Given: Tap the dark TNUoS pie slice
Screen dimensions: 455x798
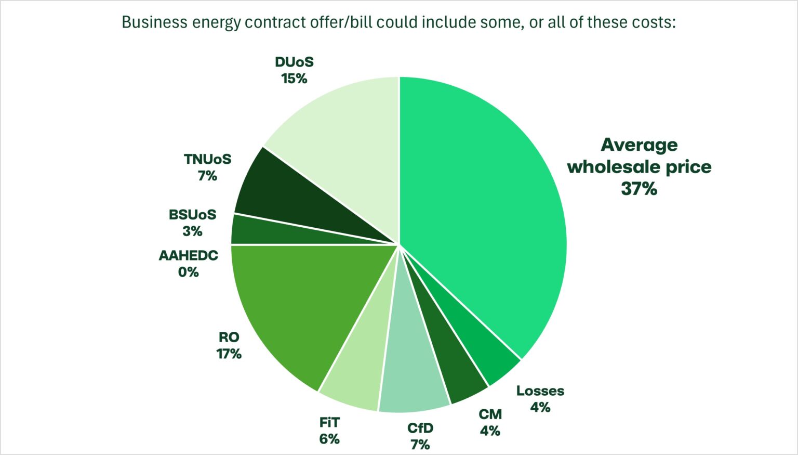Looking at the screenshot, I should [291, 198].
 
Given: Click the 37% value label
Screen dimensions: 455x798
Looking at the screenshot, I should [639, 188].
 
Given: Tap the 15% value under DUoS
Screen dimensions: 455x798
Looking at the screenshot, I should [294, 79].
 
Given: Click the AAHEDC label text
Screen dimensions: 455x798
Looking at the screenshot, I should [188, 255].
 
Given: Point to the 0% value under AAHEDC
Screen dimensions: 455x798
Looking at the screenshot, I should [188, 272].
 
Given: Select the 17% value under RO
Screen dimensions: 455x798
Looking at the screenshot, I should [229, 354].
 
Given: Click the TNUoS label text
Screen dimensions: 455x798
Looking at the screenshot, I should [207, 159].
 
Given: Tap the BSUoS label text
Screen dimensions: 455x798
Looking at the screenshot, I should [192, 214].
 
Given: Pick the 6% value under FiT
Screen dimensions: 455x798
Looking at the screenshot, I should [329, 439].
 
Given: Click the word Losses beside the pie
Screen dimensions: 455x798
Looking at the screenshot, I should [540, 391].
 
